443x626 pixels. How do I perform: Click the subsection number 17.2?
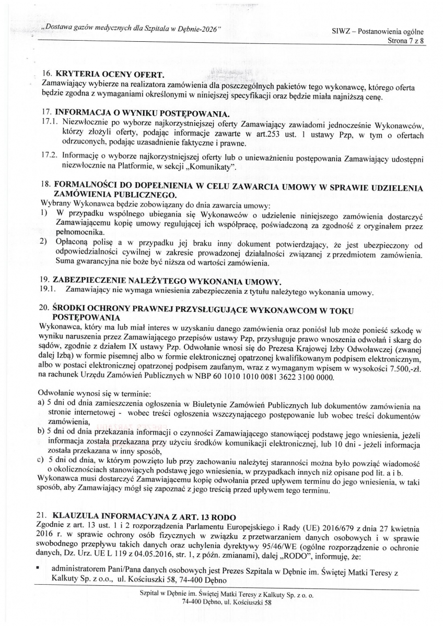pos(49,156)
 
